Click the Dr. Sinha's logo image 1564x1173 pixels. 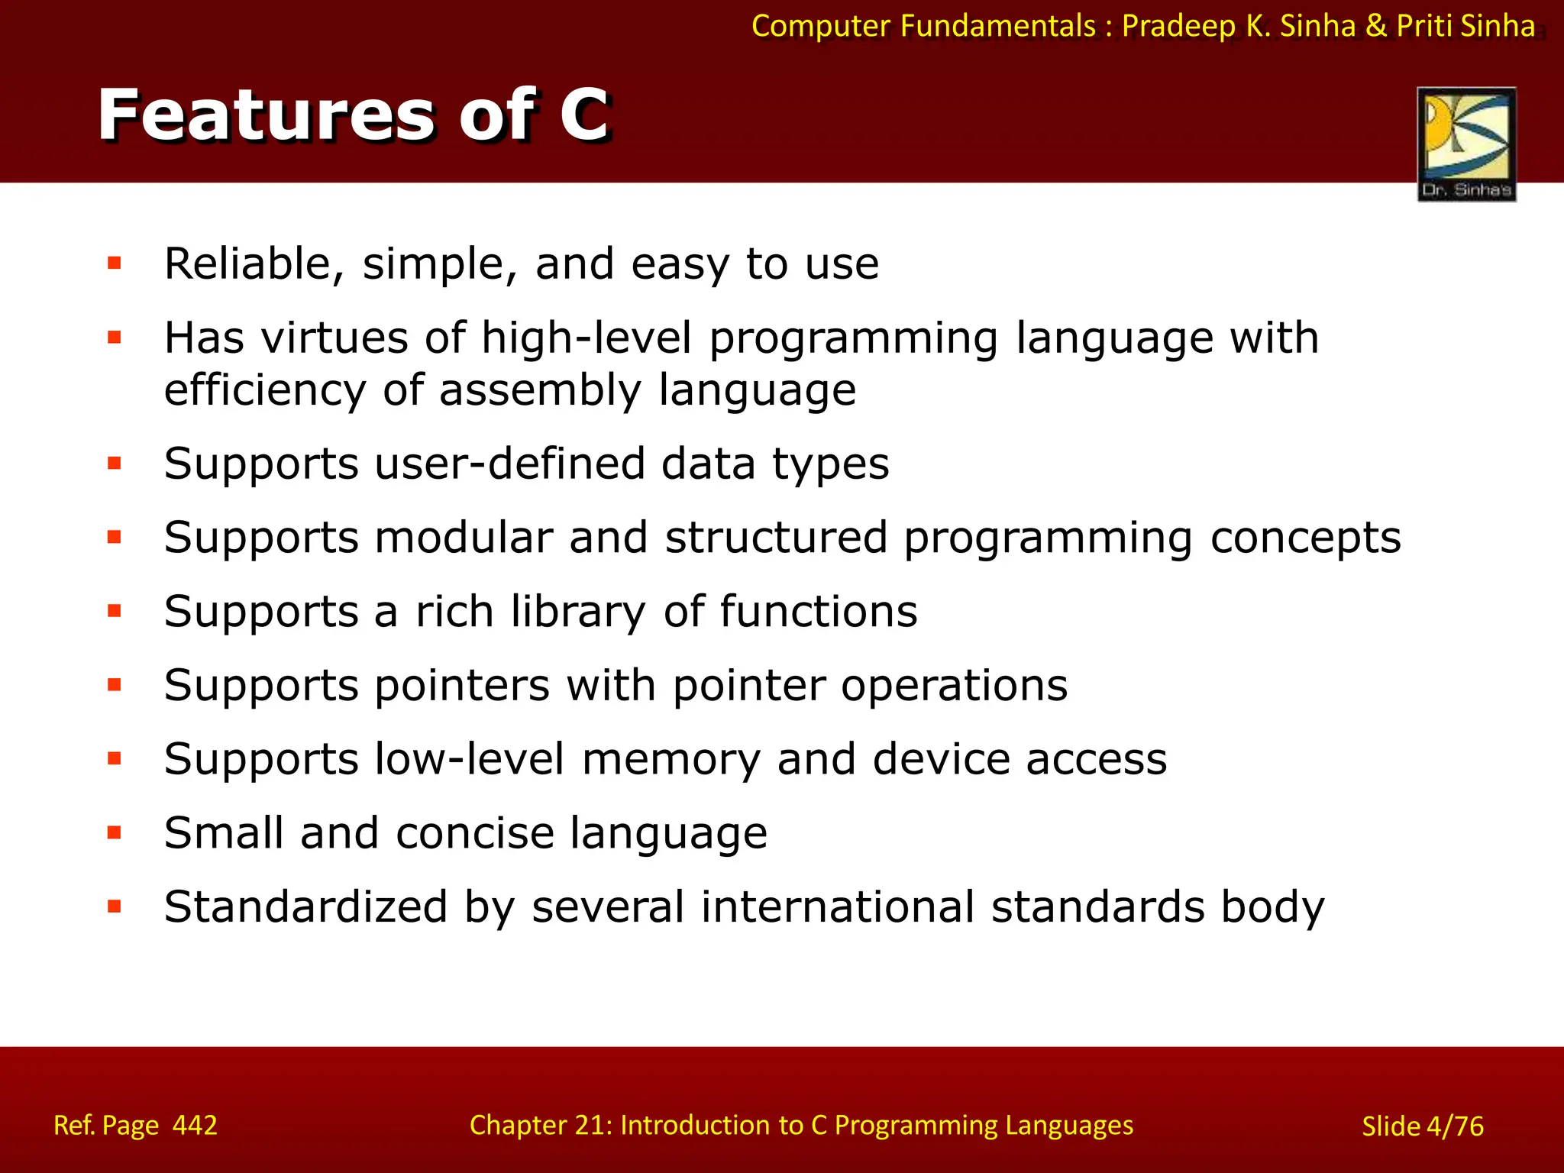tap(1466, 143)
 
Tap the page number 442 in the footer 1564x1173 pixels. tap(195, 1125)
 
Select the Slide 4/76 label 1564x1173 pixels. tap(1422, 1126)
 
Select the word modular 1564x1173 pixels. tap(464, 537)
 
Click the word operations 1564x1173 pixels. tap(954, 685)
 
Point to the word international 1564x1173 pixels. tap(837, 906)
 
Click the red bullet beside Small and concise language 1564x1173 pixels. tap(115, 832)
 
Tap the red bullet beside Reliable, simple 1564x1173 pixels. tap(115, 264)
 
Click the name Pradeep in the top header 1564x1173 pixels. tap(1178, 26)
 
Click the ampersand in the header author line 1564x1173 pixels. tap(1375, 26)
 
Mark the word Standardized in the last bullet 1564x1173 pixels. tap(305, 906)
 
